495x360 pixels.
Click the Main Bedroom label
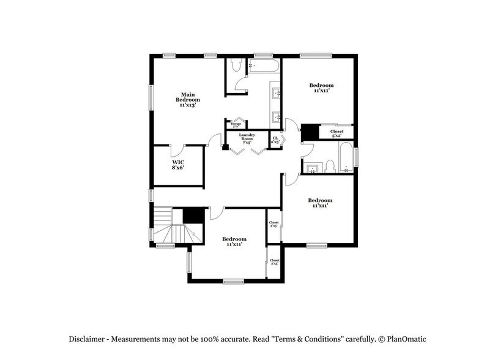coord(188,100)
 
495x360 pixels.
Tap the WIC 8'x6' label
coord(178,164)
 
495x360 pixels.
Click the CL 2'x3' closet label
coord(275,140)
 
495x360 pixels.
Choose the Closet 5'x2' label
coord(337,133)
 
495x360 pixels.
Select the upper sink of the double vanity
coord(276,94)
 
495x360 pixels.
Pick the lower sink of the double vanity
coord(276,115)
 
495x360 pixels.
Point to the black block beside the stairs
coord(193,216)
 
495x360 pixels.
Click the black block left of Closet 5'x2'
coord(310,132)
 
